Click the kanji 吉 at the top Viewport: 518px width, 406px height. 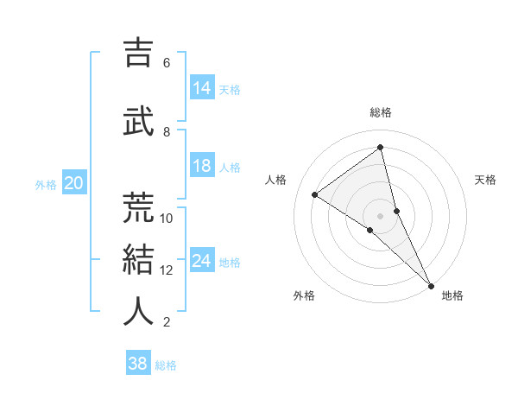(x=139, y=53)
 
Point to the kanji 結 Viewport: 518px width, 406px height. (x=139, y=260)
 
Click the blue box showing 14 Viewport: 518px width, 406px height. (x=202, y=88)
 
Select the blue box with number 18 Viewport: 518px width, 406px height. (x=202, y=166)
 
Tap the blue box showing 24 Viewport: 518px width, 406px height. (x=202, y=261)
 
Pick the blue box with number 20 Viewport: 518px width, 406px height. (x=74, y=183)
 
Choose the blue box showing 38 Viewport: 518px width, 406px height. (x=138, y=364)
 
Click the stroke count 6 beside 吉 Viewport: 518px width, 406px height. (x=167, y=63)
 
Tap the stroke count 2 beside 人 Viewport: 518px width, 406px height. (x=167, y=322)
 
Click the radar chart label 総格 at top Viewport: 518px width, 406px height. (x=381, y=112)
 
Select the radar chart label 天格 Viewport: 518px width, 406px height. (x=486, y=180)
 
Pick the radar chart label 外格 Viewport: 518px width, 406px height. (x=304, y=295)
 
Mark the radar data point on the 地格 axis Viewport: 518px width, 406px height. (x=432, y=284)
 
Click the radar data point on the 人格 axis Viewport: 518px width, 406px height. (x=315, y=194)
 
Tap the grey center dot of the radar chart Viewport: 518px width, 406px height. (x=381, y=215)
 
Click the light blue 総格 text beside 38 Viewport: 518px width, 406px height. (x=166, y=365)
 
